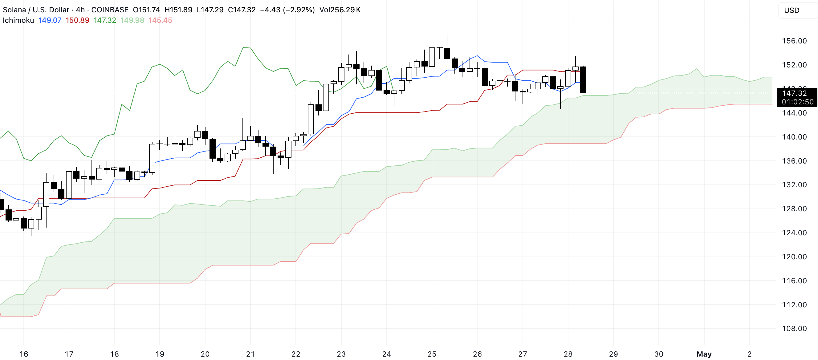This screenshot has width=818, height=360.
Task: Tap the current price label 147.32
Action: (x=794, y=93)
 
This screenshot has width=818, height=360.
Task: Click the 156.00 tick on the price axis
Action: (x=794, y=41)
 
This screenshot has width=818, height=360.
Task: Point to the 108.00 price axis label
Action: (x=794, y=329)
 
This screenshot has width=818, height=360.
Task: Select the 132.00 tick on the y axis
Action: (x=794, y=185)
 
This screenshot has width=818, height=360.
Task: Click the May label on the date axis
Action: (x=704, y=354)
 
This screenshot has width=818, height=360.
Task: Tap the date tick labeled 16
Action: (x=24, y=354)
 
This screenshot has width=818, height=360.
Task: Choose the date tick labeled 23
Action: (x=341, y=354)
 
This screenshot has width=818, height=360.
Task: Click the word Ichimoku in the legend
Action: (x=18, y=20)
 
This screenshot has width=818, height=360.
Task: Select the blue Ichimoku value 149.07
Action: (x=50, y=20)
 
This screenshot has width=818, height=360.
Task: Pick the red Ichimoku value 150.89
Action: (x=77, y=20)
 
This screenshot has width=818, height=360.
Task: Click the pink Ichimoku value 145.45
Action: (x=160, y=20)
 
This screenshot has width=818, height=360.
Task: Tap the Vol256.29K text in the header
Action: (x=340, y=10)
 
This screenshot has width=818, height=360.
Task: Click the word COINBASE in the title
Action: (x=110, y=10)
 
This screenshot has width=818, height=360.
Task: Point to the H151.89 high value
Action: (x=178, y=10)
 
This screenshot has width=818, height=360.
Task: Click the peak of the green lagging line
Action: (x=247, y=48)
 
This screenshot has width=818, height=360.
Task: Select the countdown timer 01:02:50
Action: (x=797, y=102)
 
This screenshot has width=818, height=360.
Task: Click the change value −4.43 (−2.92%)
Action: (x=287, y=10)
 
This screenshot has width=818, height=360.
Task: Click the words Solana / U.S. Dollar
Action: (x=36, y=10)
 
